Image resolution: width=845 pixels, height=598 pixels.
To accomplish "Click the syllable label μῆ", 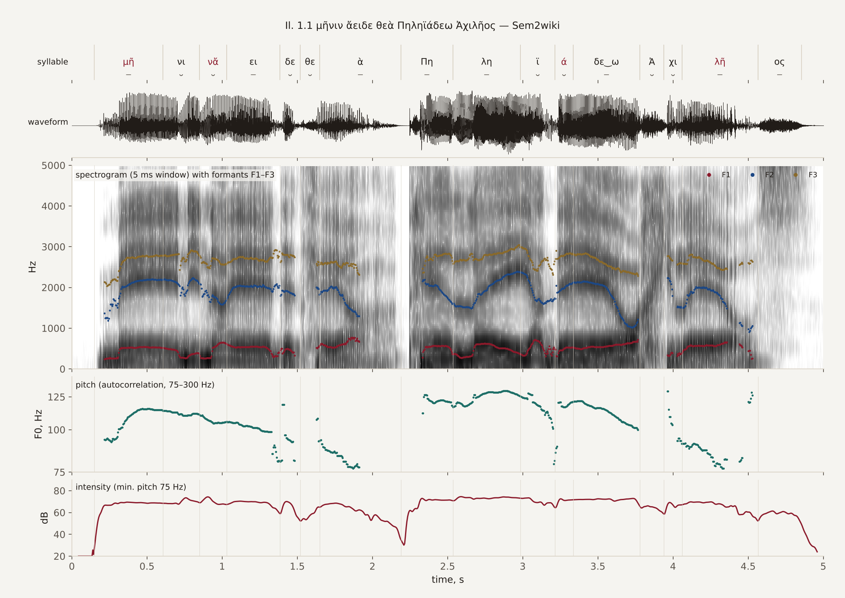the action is pos(128,62).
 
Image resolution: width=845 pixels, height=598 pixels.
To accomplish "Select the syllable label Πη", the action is pos(427,62).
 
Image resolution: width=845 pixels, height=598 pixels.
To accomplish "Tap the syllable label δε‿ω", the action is pos(606,62).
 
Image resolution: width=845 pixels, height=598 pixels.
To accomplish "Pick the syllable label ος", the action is pos(779,62).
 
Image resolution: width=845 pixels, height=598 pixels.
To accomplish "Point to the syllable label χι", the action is pos(673,62).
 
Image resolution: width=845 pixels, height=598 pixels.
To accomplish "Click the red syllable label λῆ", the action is pos(720,62).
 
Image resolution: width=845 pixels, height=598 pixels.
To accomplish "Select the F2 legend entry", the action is pos(763,175).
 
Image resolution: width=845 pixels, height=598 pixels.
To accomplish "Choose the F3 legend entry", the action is pos(806,175).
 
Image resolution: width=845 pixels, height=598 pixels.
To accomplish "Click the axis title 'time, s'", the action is pos(448,580).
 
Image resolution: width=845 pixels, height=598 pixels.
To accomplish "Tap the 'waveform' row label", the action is pos(48,122).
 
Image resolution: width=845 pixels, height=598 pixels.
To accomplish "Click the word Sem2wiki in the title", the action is pos(536,26).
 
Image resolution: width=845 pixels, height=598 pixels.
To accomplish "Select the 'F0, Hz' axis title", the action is pos(38,424).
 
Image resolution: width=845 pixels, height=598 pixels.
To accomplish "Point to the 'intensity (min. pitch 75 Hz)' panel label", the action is pos(131,487).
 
